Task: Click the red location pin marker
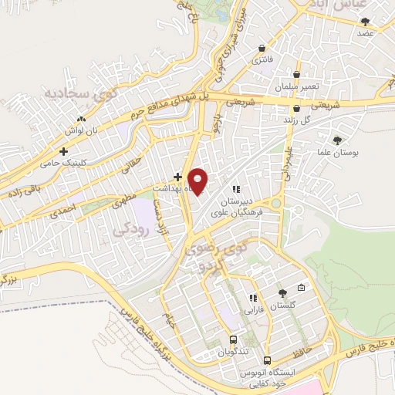click(199, 181)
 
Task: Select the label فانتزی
click(262, 59)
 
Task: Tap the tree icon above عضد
click(365, 22)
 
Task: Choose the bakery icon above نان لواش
click(80, 121)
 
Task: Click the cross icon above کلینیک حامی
click(63, 151)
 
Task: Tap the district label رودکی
click(128, 229)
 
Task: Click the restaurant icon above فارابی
click(252, 298)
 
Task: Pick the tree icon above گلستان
click(282, 293)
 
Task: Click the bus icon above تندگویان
click(233, 339)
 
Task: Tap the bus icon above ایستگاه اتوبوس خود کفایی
click(267, 360)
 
